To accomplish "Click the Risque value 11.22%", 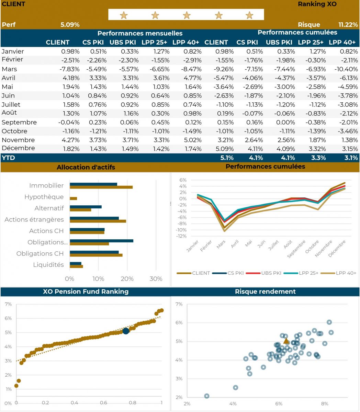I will [x=348, y=25].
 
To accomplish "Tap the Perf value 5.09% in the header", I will [x=70, y=25].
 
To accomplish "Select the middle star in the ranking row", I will [x=187, y=15].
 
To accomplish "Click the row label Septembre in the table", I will [x=19, y=122].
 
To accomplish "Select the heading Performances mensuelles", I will [x=140, y=33].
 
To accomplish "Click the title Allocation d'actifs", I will [x=86, y=168].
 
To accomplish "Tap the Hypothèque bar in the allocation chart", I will [x=73, y=198].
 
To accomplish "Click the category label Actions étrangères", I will [x=34, y=219].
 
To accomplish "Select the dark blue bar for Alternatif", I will [x=86, y=207].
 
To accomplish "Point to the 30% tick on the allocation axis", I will [x=156, y=279].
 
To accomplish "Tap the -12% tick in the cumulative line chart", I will [x=182, y=236].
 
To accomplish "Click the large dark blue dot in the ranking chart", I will [x=126, y=331].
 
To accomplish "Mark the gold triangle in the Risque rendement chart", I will [x=286, y=341].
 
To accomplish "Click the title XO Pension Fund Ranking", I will [x=86, y=291].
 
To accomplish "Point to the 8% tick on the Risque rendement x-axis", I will [x=324, y=403].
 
